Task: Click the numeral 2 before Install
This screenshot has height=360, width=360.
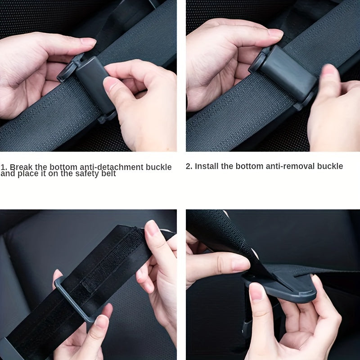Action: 189,166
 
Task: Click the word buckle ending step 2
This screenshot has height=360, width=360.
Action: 330,166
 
